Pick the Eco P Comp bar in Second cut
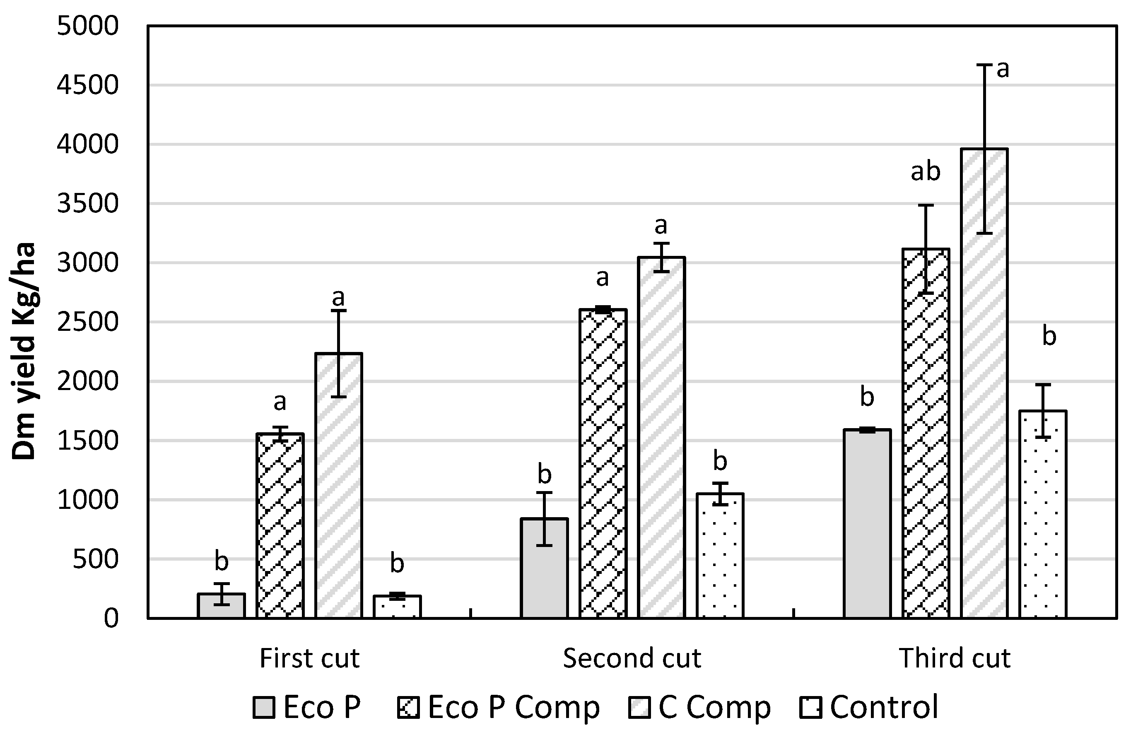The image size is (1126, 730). tap(603, 464)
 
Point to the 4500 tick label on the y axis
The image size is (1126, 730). tap(87, 86)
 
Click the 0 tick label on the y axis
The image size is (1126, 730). tap(111, 618)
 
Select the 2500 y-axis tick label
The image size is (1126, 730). tap(87, 322)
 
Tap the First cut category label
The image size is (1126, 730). tap(309, 658)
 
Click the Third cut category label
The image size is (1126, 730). tap(954, 658)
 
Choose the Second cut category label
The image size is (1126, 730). tap(632, 658)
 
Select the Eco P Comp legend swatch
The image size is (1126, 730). tap(408, 708)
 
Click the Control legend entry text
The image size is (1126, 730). tap(884, 707)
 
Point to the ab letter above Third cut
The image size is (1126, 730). tap(926, 171)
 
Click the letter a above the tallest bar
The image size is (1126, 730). tap(1003, 70)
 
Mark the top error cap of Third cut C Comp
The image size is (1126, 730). tap(984, 65)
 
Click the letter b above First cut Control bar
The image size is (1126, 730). tap(397, 563)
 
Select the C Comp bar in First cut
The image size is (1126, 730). tap(339, 485)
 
